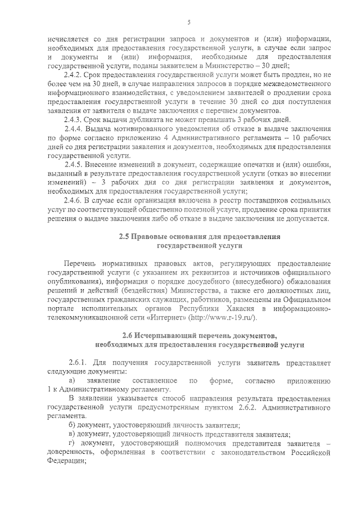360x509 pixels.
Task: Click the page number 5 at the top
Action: tap(189, 22)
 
